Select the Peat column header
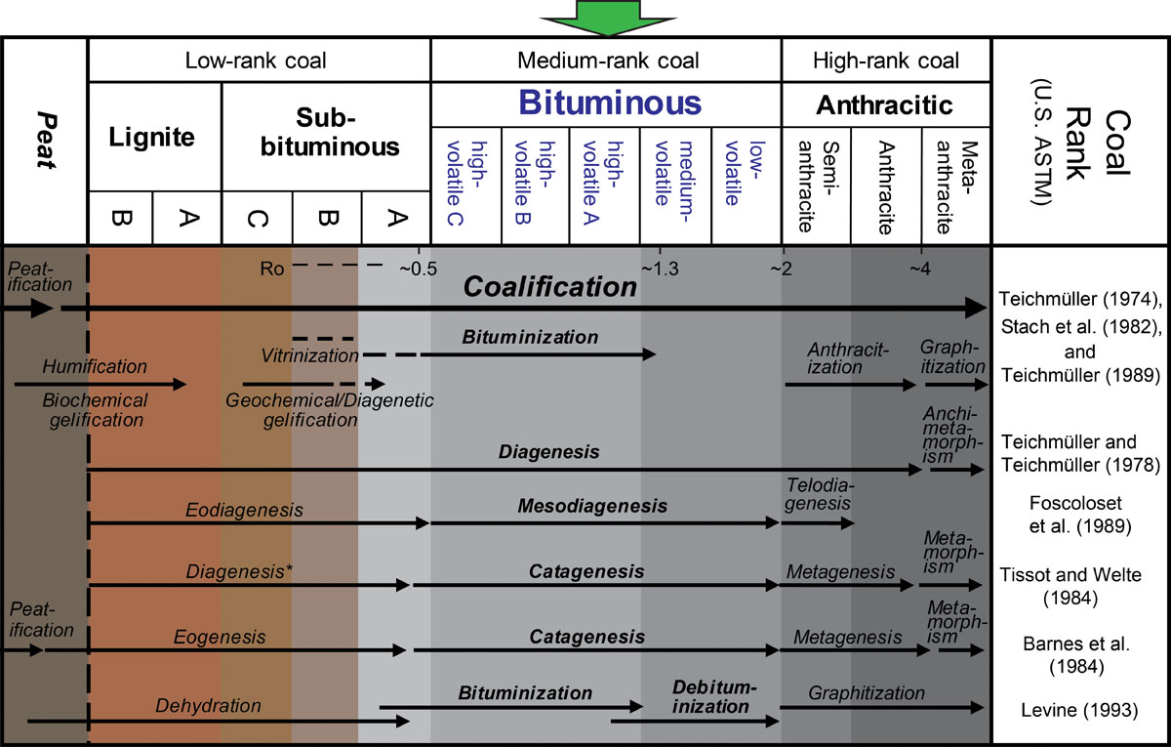point(44,141)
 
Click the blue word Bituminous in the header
point(610,103)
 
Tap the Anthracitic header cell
point(885,104)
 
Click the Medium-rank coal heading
point(608,61)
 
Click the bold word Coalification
point(549,287)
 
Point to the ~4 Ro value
point(922,268)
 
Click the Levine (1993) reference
point(1081,710)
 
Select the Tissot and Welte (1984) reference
point(1081,584)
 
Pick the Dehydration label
point(208,705)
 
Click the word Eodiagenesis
point(244,510)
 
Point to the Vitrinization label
point(309,354)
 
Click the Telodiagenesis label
point(818,495)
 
